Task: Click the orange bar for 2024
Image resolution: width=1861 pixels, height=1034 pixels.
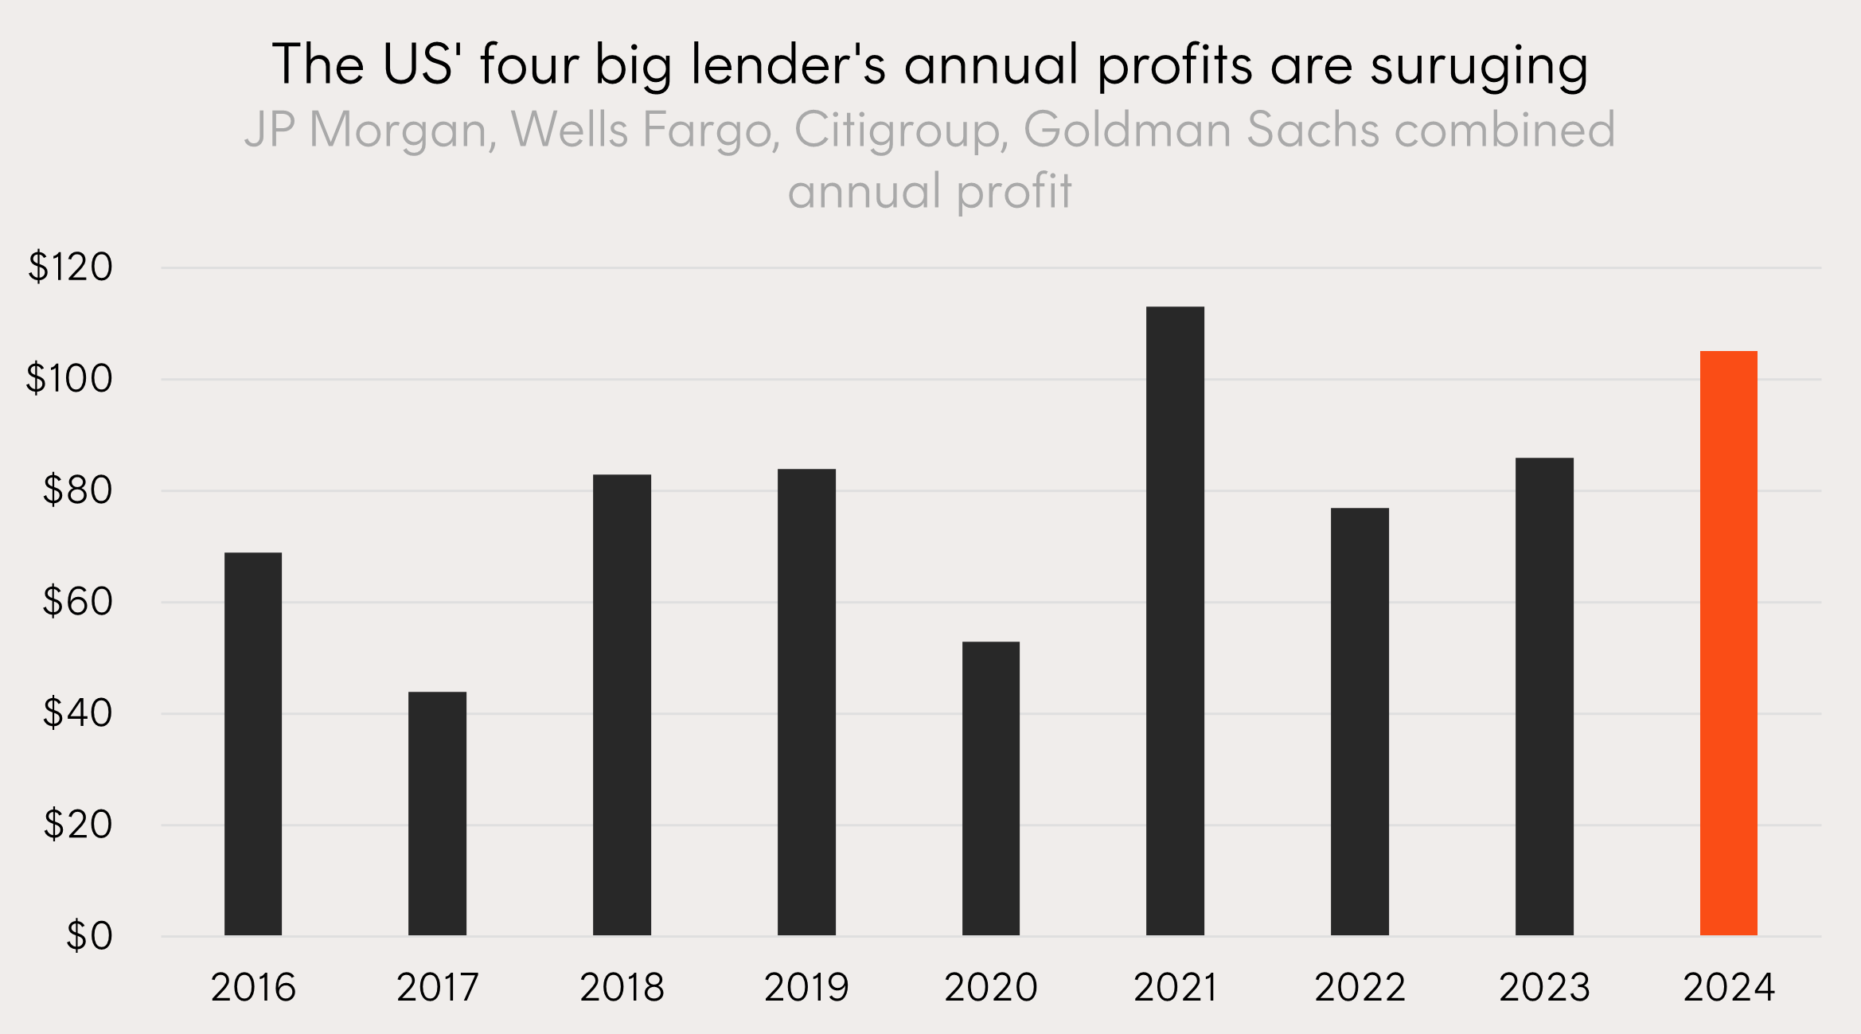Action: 1728,643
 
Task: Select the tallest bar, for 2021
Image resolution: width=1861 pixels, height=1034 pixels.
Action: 1175,621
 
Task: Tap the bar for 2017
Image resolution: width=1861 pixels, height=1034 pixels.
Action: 437,814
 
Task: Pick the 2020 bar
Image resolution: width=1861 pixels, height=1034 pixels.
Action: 990,788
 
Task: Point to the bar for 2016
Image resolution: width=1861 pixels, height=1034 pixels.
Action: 253,743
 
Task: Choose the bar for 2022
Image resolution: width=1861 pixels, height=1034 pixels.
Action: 1360,721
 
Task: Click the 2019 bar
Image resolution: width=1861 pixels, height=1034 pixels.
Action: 806,702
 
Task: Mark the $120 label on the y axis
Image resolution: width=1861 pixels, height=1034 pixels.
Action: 70,267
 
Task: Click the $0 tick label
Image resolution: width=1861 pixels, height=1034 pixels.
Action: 89,936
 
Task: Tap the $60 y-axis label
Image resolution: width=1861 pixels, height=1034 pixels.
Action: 77,602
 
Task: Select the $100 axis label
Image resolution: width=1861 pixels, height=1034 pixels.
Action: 69,379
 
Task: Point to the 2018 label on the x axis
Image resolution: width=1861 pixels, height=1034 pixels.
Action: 622,988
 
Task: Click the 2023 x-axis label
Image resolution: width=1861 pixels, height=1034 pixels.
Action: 1544,988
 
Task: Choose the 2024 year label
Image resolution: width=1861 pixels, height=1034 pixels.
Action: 1729,988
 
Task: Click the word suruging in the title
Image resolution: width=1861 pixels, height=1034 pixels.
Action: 1479,65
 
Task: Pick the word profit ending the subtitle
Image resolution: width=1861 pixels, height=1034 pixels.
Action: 1014,191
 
